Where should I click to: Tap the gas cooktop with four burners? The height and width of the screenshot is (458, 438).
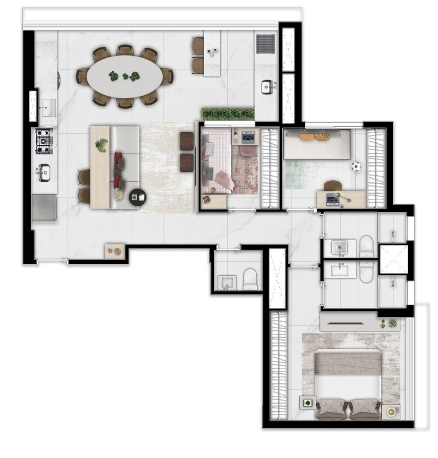point(44,141)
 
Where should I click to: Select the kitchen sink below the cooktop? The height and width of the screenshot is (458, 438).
point(44,173)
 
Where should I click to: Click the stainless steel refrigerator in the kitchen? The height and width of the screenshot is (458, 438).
point(44,207)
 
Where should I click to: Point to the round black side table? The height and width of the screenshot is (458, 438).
point(138,197)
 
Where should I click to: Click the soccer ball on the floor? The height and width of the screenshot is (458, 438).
point(356,166)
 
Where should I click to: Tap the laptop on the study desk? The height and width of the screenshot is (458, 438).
point(333,199)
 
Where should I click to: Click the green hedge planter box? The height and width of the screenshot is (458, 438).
point(227,114)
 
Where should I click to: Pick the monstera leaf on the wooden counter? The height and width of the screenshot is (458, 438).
point(101,146)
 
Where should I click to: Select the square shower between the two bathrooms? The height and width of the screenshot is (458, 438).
point(392,260)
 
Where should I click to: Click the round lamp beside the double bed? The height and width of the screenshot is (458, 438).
point(392,411)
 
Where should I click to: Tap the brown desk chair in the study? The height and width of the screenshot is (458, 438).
point(333,185)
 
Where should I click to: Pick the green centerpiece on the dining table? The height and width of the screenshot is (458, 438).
point(124,76)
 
